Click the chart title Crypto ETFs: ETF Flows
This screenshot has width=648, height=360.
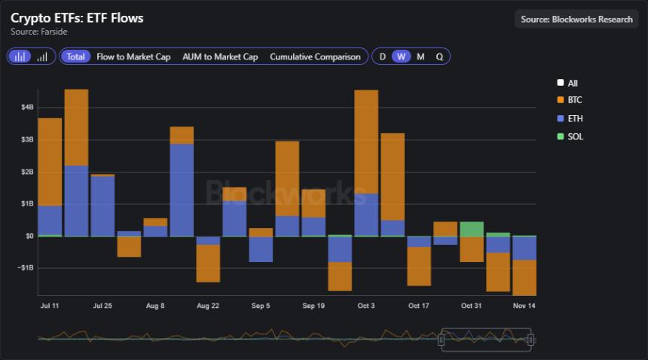[77, 18]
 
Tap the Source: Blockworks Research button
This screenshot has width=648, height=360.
[576, 19]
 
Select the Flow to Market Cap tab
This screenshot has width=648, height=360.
[133, 56]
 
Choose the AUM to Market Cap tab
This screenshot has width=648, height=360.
[220, 56]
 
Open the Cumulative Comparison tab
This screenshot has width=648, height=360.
[315, 56]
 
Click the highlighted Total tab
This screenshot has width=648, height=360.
[75, 56]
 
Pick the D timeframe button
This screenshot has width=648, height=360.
[383, 56]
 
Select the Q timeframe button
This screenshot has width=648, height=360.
[439, 56]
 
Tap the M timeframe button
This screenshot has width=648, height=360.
[420, 56]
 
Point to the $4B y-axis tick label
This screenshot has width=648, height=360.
[27, 107]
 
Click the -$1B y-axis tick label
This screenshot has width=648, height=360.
[26, 268]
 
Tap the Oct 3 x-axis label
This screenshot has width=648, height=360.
[366, 306]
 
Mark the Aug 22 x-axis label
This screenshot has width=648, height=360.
[207, 306]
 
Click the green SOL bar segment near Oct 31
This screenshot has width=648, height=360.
[472, 229]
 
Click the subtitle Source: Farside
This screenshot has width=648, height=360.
[39, 32]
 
